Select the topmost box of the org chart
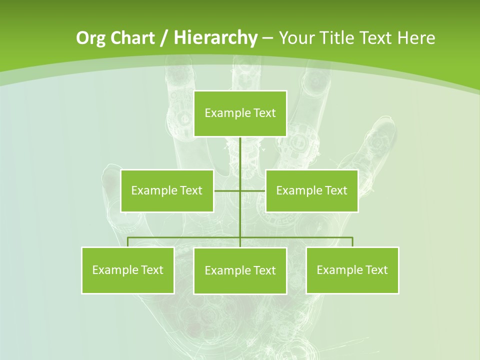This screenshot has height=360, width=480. click(x=240, y=113)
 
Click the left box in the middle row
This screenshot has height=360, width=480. click(x=167, y=190)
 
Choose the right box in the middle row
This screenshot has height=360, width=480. click(x=311, y=190)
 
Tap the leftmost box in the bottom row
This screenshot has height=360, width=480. click(x=127, y=270)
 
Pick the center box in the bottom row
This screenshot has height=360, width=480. click(x=240, y=270)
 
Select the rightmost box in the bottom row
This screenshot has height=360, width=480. click(x=352, y=270)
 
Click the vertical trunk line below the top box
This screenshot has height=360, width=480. click(x=240, y=160)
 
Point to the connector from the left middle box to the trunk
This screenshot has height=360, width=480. click(x=227, y=190)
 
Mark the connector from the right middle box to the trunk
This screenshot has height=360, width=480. click(x=253, y=190)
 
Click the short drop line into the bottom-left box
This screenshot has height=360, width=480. click(x=127, y=242)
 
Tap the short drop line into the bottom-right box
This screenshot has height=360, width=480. click(x=352, y=242)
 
